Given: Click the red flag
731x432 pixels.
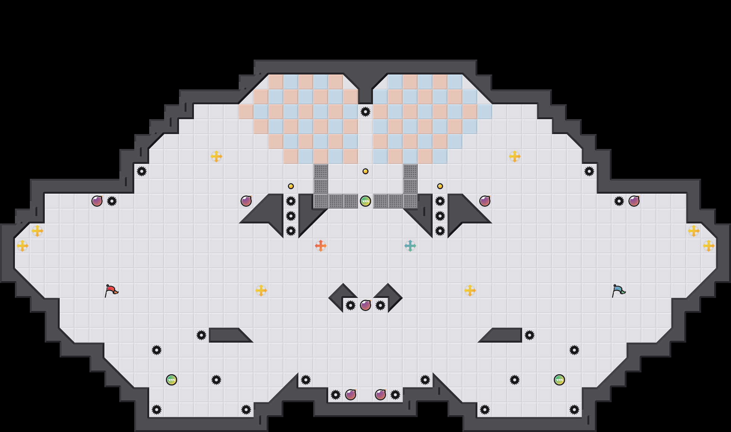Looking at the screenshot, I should [x=110, y=290].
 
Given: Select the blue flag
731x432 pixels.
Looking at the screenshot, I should [x=618, y=290].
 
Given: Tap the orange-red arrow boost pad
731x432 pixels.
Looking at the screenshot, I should [x=321, y=246].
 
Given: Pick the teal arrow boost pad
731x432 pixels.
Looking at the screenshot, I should [x=410, y=246].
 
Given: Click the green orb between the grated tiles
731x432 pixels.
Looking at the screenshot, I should [x=365, y=201].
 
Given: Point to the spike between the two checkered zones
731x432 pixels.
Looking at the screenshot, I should [x=365, y=112].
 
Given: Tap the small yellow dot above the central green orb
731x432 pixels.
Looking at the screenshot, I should [x=365, y=171].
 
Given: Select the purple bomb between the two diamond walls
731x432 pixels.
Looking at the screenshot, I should [x=365, y=305].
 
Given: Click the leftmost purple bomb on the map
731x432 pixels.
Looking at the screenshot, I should [x=97, y=201].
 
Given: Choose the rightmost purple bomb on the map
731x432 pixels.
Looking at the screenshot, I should [x=634, y=201].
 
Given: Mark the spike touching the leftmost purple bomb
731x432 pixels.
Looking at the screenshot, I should [x=112, y=201].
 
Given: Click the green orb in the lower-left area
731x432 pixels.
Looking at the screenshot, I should [x=172, y=380].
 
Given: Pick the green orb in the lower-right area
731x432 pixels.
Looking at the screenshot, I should [x=559, y=380].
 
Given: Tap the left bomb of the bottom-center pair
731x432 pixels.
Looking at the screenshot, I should [x=351, y=395].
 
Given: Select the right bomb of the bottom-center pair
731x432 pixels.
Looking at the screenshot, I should [x=380, y=395].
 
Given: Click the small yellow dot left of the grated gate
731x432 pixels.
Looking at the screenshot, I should [x=291, y=186].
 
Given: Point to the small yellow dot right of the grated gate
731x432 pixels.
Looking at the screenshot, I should [x=440, y=186].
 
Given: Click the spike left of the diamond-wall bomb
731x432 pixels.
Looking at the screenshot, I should [x=351, y=305].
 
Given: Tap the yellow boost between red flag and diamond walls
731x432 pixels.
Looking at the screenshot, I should [x=261, y=290].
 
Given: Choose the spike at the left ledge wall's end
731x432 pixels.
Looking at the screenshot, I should [x=201, y=335].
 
